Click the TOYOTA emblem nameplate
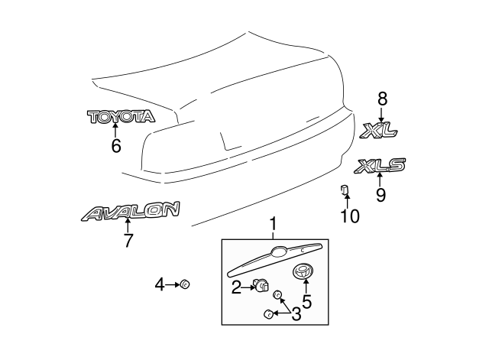tap(121, 116)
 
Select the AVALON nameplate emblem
tap(131, 210)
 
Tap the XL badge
tap(380, 131)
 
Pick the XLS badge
tap(380, 164)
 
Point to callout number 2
tap(237, 287)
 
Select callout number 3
tap(294, 313)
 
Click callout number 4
tap(159, 285)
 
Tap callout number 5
tap(307, 301)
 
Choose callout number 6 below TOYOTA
tap(116, 145)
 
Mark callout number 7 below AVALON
tap(128, 240)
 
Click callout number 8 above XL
tap(382, 98)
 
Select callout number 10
tap(348, 216)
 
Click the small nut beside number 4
tap(184, 285)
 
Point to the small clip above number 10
tap(345, 190)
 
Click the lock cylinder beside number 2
tap(262, 285)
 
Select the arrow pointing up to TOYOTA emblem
tap(116, 131)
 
